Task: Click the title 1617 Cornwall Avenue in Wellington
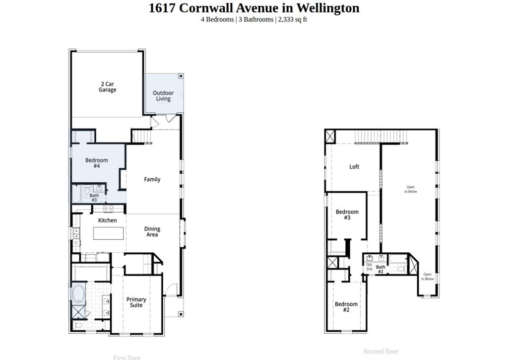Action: tap(254, 8)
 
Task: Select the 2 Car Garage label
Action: tap(107, 87)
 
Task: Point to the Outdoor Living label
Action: tap(163, 96)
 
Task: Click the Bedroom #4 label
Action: tap(97, 163)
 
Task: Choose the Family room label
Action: tap(152, 179)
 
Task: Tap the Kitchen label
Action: tap(107, 220)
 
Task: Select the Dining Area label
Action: tap(152, 232)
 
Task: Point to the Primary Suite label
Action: tap(136, 302)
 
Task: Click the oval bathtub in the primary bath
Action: tap(79, 293)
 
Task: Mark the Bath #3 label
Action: tap(94, 198)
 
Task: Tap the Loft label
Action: tap(354, 167)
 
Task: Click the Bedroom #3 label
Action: tap(347, 215)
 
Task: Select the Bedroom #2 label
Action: tap(346, 307)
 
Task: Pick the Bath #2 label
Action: tap(381, 269)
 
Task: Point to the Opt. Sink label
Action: tap(369, 267)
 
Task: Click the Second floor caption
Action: tap(381, 351)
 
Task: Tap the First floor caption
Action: tap(127, 357)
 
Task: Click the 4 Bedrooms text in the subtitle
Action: tap(217, 19)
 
